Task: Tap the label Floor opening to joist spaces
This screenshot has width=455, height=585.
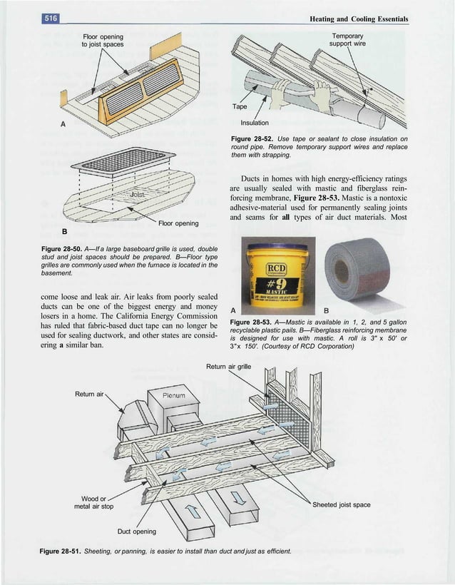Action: point(103,41)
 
